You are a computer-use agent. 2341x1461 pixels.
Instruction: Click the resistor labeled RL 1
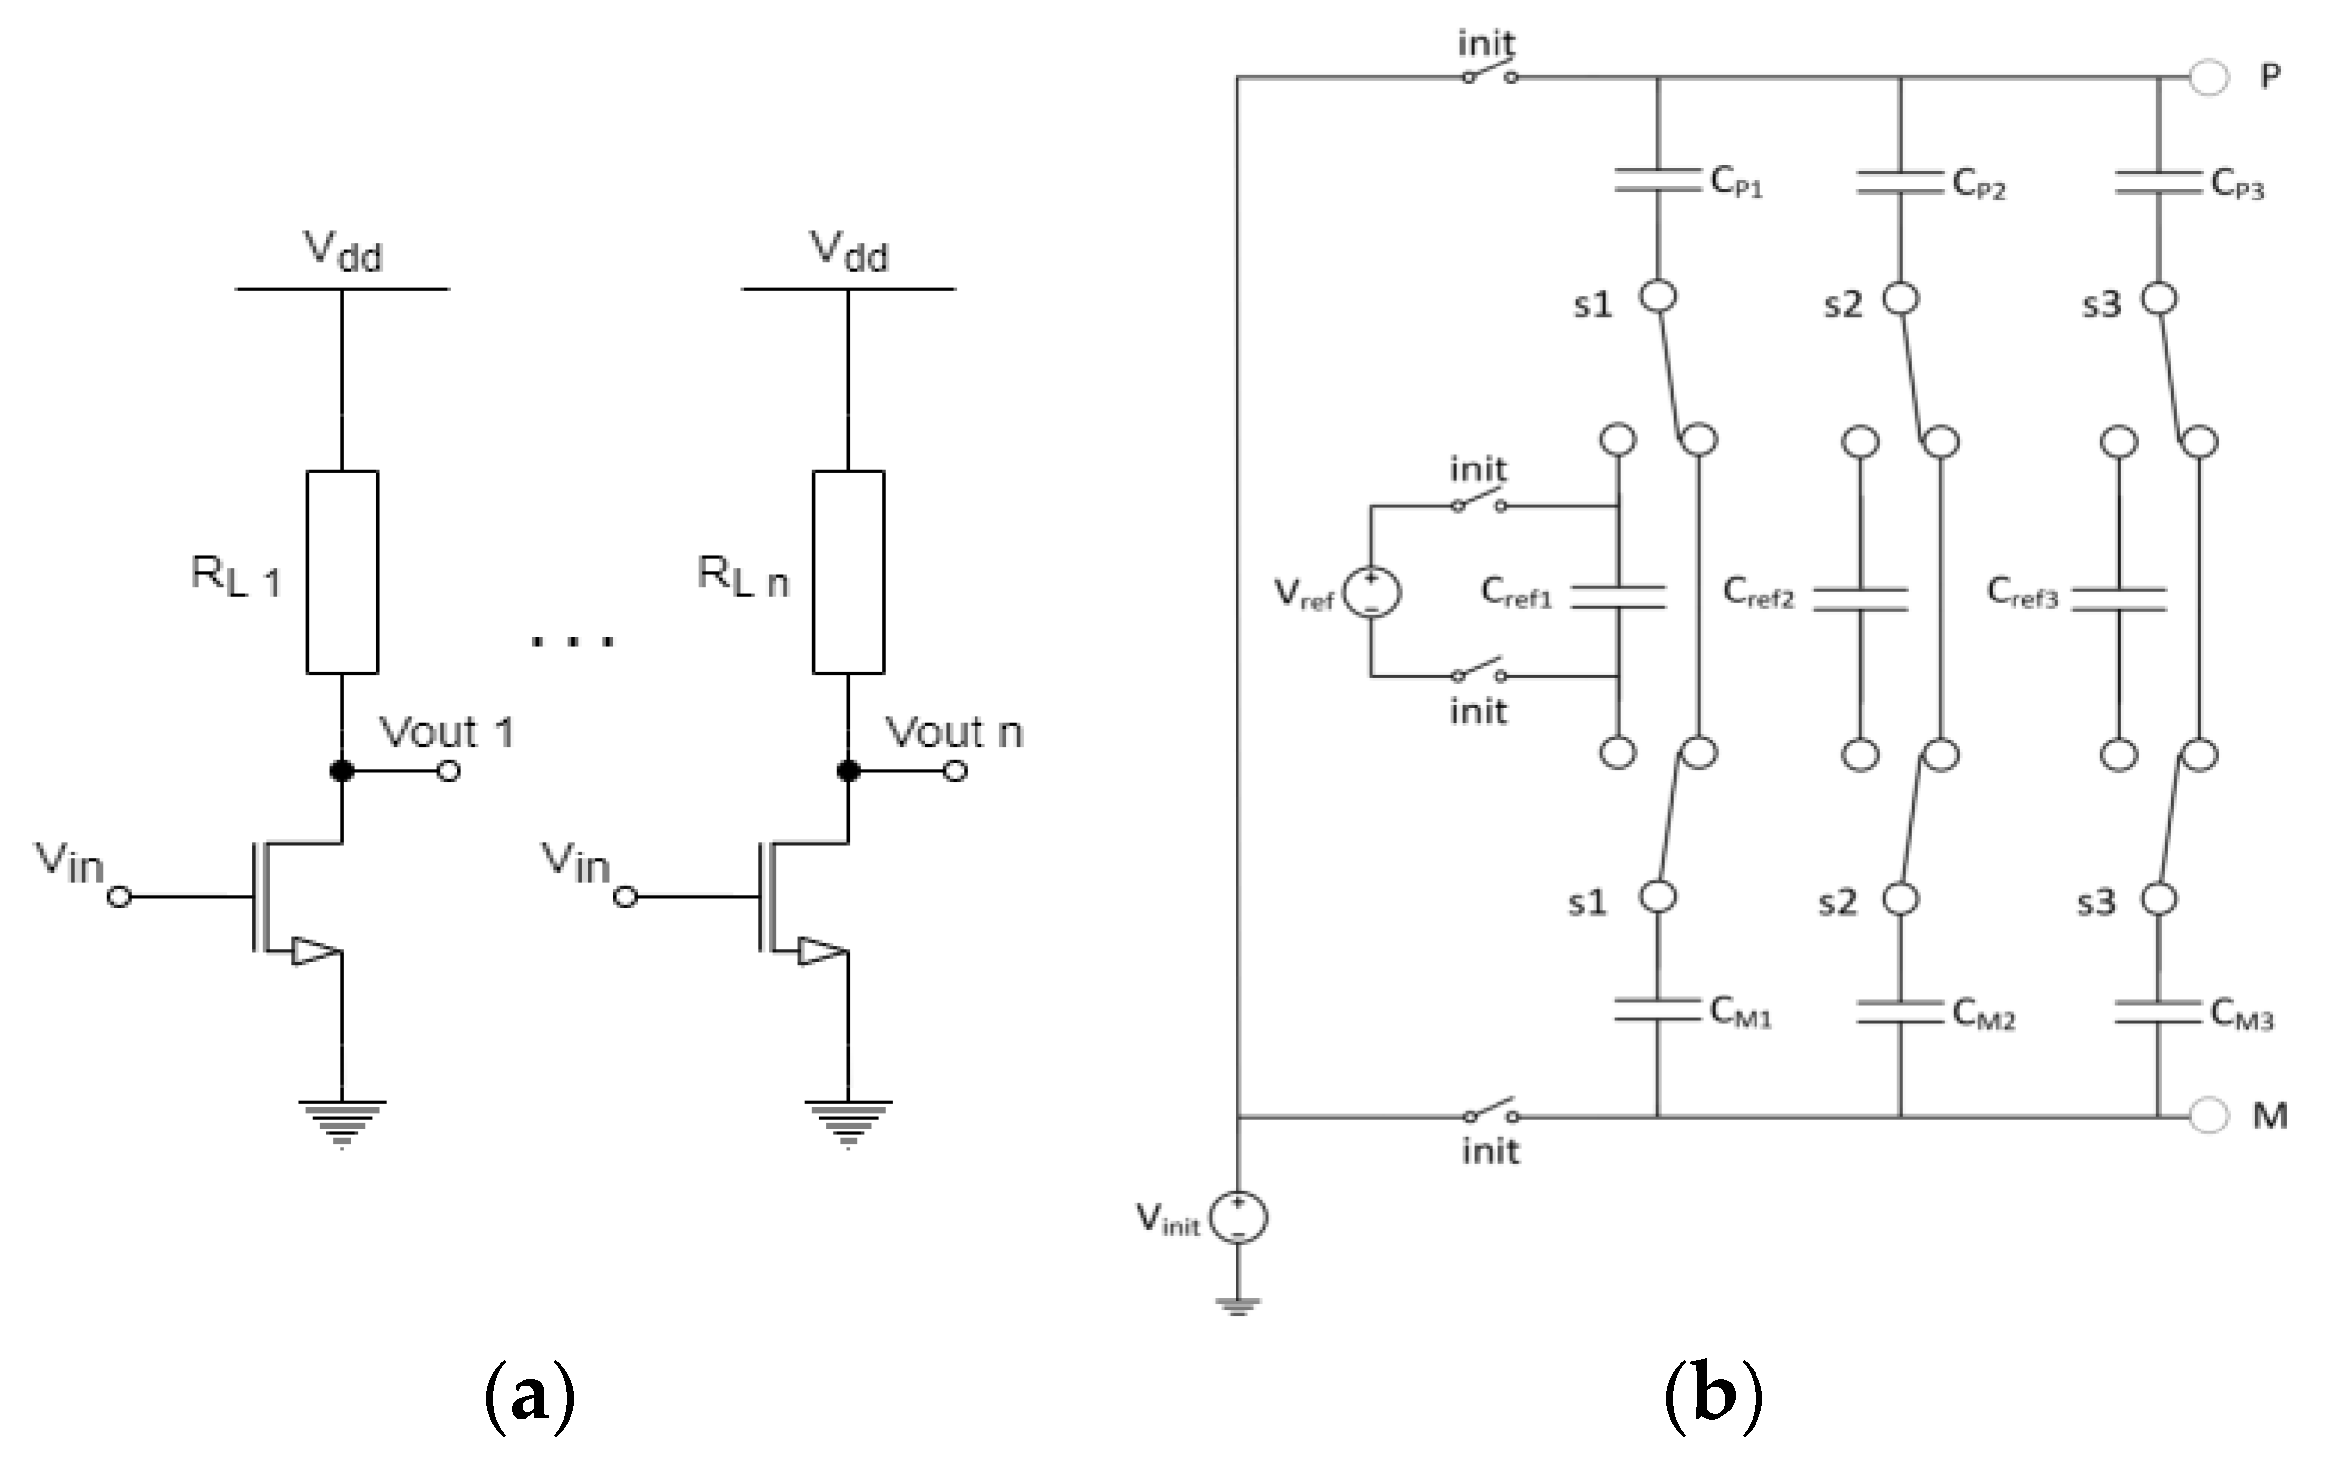coord(341,573)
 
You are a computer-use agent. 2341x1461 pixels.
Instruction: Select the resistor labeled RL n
coord(847,573)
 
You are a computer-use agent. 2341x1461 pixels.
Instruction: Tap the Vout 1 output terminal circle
coord(449,770)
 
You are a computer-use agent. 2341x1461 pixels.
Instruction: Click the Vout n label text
coord(953,732)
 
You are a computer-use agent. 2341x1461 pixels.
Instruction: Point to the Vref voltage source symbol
coord(1371,594)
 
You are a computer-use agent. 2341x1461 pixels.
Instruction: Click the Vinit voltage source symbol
coord(1238,1218)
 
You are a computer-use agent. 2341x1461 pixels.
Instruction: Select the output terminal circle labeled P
coord(2208,77)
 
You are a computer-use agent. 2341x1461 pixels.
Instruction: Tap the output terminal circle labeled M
coord(2208,1116)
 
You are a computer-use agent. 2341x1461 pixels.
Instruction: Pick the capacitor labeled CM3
coord(2158,1011)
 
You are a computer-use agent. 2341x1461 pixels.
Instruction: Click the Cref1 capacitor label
coord(1515,593)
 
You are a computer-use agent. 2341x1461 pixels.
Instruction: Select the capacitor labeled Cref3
coord(2119,598)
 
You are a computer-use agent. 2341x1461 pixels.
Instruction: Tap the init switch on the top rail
coord(1489,75)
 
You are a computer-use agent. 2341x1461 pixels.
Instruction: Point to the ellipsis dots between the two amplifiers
coord(573,641)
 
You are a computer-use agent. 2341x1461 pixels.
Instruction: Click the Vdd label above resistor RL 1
coord(341,251)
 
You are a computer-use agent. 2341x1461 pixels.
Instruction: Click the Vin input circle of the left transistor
coord(119,897)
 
